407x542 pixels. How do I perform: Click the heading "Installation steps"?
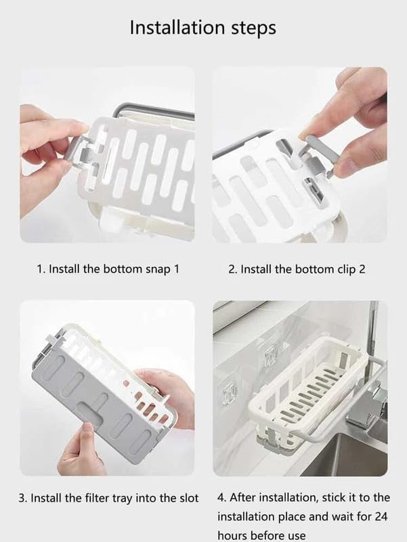(x=203, y=28)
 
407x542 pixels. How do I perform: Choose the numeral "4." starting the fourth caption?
(x=222, y=498)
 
